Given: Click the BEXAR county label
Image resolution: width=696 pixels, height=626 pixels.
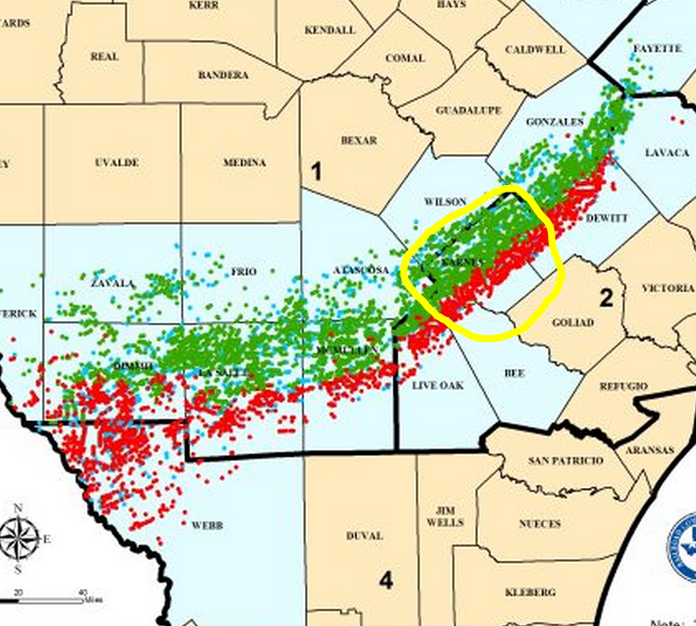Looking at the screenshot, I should (x=359, y=141).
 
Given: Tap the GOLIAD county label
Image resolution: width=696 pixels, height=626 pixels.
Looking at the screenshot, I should (x=573, y=323).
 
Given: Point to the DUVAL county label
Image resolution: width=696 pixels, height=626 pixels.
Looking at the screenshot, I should (x=365, y=535).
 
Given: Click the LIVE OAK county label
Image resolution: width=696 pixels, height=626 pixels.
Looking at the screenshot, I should (x=438, y=385).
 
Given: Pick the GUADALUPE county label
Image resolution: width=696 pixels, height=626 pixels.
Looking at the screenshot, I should (x=468, y=110).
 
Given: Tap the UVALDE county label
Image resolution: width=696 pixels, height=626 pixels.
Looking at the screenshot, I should (x=117, y=162).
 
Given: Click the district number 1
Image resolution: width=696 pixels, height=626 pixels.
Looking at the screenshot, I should (x=316, y=171).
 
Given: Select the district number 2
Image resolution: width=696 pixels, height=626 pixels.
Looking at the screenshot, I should (x=606, y=298).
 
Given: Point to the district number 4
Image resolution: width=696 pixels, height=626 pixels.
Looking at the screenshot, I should (x=385, y=579).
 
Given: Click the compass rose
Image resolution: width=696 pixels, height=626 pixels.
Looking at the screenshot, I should (x=19, y=539).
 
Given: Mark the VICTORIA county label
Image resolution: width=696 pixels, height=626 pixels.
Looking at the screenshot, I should (x=668, y=287).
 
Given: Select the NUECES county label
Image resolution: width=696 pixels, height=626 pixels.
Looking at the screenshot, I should (x=539, y=523).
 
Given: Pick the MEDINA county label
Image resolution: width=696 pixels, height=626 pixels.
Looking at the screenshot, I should (x=244, y=162).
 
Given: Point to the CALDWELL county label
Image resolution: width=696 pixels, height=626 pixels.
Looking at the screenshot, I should (x=535, y=49).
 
